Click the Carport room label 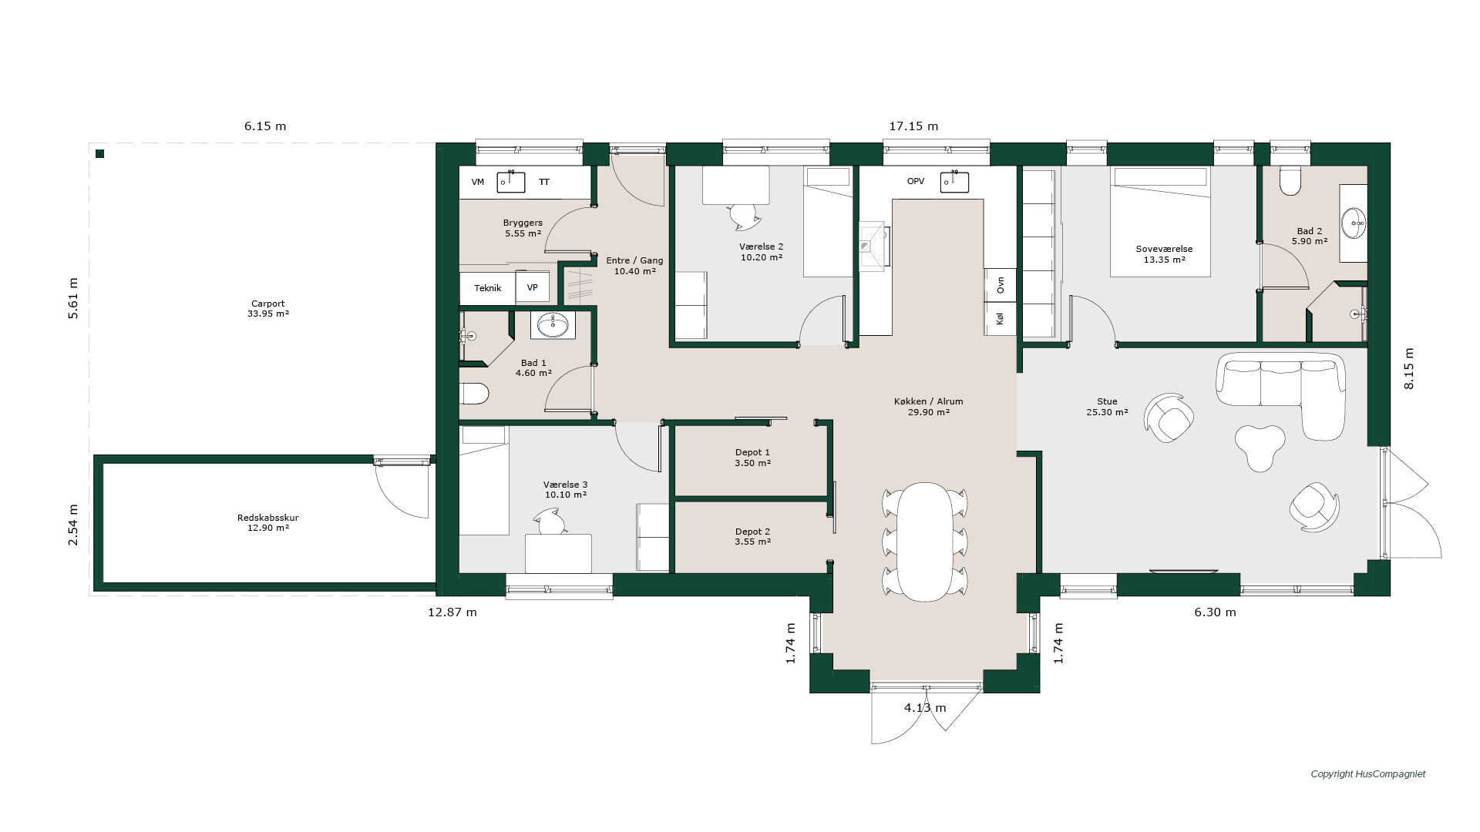[268, 304]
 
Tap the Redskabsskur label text [268, 518]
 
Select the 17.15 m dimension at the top [913, 126]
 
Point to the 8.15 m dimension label [1409, 368]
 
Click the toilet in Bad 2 [1290, 180]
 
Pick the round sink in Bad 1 [553, 325]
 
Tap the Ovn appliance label [1001, 285]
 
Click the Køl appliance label [1001, 318]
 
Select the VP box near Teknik [533, 287]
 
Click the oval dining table [925, 542]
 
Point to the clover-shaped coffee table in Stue [1260, 447]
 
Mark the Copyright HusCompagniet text [1368, 774]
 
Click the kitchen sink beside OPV [954, 182]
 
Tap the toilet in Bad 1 [474, 394]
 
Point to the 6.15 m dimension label [265, 126]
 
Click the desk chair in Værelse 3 [551, 524]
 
